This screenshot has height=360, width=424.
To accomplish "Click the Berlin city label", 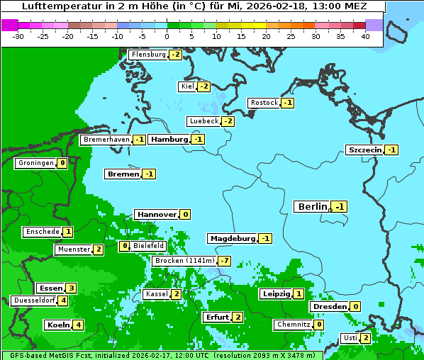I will [313, 206].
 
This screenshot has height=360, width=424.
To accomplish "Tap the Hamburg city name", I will [169, 140].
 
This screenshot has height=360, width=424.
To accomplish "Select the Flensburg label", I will [148, 54].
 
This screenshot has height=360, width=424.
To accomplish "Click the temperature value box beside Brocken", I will [224, 261].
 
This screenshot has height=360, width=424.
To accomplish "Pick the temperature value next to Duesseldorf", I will [63, 300].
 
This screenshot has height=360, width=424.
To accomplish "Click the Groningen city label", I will [35, 163].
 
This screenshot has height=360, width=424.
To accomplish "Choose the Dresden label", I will [330, 306].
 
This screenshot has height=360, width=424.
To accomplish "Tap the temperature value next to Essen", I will [71, 288].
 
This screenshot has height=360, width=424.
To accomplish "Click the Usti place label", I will [350, 338].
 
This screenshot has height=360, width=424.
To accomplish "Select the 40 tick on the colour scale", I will [365, 36].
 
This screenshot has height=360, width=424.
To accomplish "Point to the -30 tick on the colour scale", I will [18, 36].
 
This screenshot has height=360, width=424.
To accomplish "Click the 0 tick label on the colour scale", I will [167, 36].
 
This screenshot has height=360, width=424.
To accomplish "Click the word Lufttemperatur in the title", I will [54, 6].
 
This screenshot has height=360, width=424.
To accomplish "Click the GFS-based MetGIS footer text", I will [50, 355].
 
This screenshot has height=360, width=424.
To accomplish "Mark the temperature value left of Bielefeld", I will [124, 246].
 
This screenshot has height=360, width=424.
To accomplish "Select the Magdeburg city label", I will [232, 238].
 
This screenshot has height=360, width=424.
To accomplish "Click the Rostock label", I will [264, 103].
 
